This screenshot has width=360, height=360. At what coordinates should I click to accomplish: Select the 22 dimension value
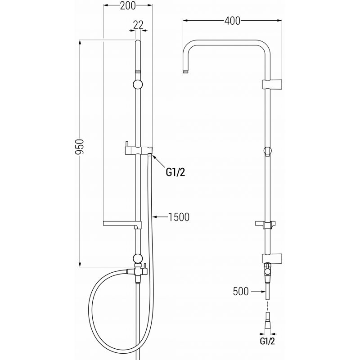[x=139, y=25]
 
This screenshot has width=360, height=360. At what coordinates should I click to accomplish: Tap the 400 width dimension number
[x=232, y=21]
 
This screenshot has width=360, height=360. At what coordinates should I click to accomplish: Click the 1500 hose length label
[x=179, y=217]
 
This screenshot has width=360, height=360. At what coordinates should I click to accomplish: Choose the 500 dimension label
[x=241, y=292]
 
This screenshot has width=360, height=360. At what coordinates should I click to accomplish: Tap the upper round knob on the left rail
[x=138, y=84]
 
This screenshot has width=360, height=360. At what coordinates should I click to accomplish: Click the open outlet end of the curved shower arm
[x=185, y=71]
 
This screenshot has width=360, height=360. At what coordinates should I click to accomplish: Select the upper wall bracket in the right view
[x=272, y=84]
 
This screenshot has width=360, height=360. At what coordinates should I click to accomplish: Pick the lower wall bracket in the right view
[x=272, y=258]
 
